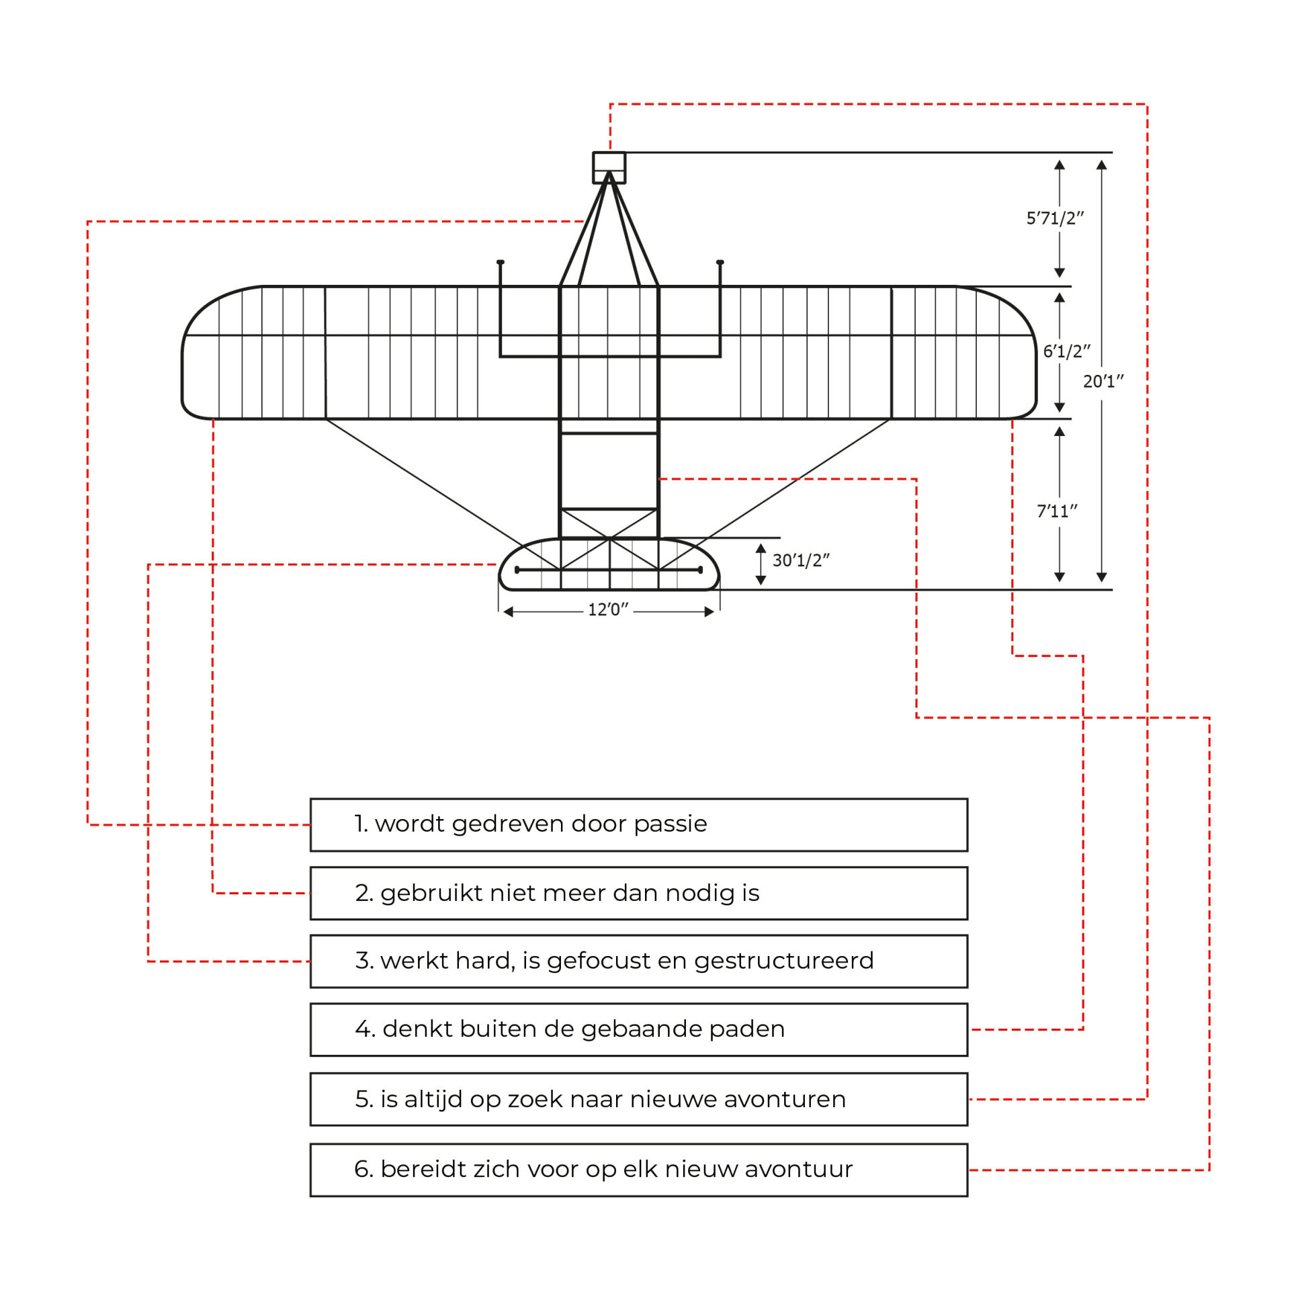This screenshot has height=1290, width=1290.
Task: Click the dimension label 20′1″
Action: pyautogui.click(x=1103, y=382)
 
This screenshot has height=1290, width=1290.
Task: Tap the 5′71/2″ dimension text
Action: pyautogui.click(x=1054, y=218)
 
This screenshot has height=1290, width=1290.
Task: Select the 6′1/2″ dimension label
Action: pyautogui.click(x=1066, y=351)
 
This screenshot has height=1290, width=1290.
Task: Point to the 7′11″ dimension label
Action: pyautogui.click(x=1057, y=511)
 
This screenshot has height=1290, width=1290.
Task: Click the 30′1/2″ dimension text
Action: pyautogui.click(x=801, y=560)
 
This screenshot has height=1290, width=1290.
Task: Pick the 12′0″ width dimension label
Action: pyautogui.click(x=608, y=610)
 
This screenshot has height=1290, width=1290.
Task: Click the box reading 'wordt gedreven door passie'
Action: pyautogui.click(x=638, y=825)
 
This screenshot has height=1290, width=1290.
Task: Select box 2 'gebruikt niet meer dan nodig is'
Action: pyautogui.click(x=638, y=894)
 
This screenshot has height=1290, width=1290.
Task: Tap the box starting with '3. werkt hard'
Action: pyautogui.click(x=638, y=961)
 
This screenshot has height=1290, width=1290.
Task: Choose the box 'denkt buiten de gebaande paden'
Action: pyautogui.click(x=638, y=1030)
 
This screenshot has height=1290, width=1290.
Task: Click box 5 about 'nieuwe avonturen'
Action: pyautogui.click(x=638, y=1099)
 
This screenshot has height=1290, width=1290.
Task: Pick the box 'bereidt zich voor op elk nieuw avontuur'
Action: pyautogui.click(x=638, y=1170)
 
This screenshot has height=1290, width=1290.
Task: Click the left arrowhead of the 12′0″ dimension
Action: pyautogui.click(x=509, y=611)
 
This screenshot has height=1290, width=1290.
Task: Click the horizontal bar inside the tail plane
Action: pyautogui.click(x=609, y=570)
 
